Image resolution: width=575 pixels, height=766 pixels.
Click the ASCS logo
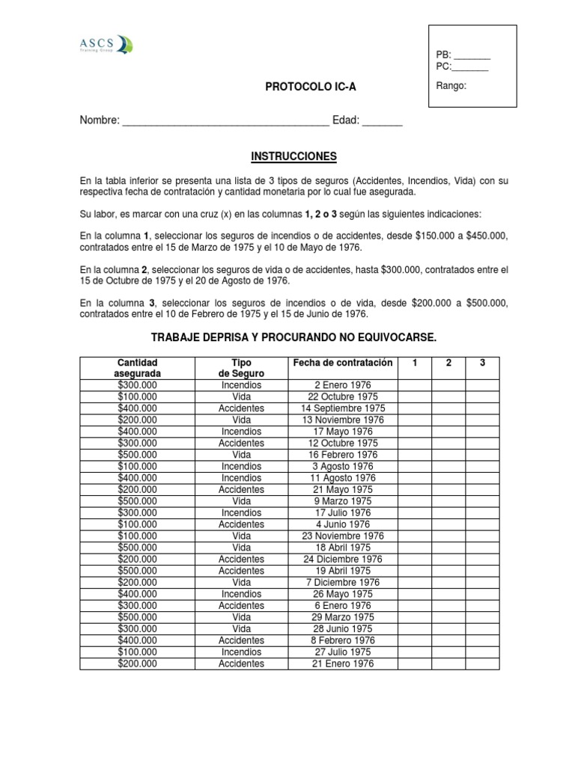click(x=105, y=46)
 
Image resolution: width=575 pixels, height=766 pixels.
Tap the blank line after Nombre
click(x=225, y=122)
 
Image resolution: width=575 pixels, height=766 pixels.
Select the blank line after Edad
click(x=382, y=122)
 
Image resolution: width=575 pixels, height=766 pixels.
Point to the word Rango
click(x=451, y=85)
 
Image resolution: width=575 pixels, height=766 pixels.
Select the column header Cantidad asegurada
click(x=137, y=368)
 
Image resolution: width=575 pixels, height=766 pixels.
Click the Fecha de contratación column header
click(x=342, y=363)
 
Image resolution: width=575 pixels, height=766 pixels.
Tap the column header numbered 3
click(x=483, y=363)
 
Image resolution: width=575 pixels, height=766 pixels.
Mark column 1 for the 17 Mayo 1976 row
click(x=414, y=432)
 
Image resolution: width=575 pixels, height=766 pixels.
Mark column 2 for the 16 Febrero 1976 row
click(x=448, y=455)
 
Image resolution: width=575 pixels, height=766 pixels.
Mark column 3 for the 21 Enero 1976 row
click(x=483, y=664)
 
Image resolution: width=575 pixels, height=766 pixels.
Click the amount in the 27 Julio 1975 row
click(x=137, y=652)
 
